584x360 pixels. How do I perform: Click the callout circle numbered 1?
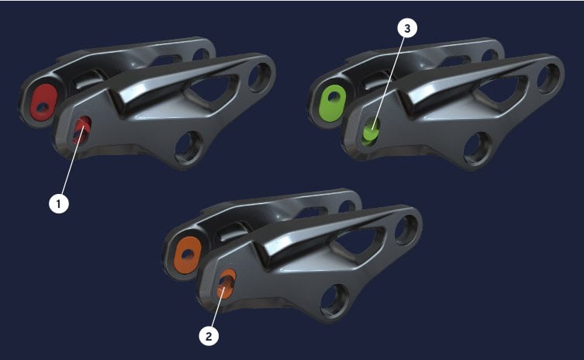[x=59, y=203]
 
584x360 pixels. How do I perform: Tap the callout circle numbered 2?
[x=209, y=336]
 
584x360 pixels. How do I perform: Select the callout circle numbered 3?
[x=407, y=29]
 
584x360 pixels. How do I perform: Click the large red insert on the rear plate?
[x=44, y=102]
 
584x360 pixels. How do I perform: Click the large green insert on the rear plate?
[x=333, y=102]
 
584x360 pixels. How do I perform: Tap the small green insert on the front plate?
[x=371, y=131]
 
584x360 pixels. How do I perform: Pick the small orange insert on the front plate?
[x=226, y=284]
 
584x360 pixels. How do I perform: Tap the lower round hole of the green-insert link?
[x=478, y=148]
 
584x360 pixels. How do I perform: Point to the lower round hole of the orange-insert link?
[x=334, y=300]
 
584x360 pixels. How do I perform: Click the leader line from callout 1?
[x=73, y=161]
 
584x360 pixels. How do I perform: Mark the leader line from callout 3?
[x=388, y=84]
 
